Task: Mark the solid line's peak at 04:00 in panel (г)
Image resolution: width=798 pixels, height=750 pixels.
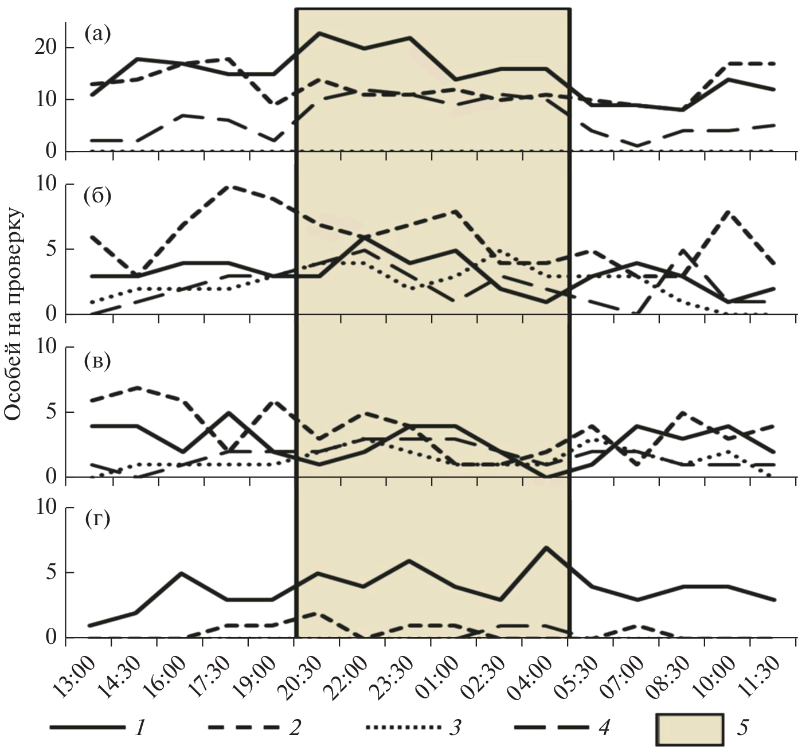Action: click(546, 547)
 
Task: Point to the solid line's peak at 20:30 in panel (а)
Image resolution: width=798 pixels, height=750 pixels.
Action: click(319, 33)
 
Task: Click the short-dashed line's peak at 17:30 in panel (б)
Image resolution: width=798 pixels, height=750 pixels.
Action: click(228, 186)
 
